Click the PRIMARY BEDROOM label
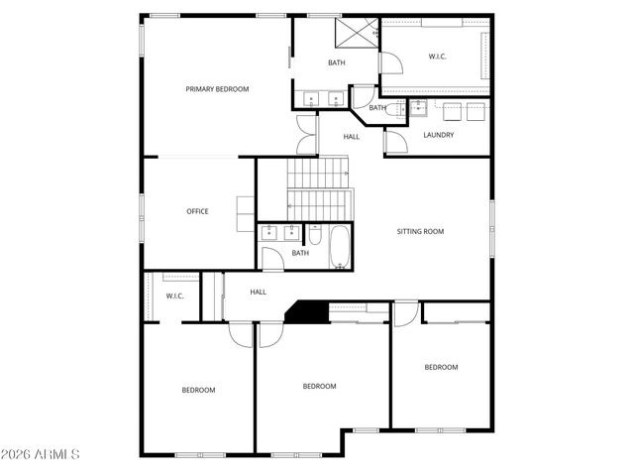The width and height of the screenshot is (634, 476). [217, 89]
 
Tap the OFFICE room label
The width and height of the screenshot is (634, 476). [198, 211]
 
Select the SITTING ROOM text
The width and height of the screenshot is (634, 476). [420, 231]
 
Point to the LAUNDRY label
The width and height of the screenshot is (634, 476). [438, 135]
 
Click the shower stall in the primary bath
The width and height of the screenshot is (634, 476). [356, 32]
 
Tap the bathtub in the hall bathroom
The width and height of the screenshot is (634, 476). [340, 247]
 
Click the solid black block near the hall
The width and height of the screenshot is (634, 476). [308, 311]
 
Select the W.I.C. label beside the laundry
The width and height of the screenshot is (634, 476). [437, 57]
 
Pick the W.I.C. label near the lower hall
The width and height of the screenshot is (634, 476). [175, 296]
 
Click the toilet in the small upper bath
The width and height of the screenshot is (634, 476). [393, 109]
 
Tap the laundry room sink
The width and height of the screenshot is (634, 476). [418, 106]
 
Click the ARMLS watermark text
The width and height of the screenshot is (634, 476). [42, 454]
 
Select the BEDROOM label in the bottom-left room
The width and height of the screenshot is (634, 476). [198, 390]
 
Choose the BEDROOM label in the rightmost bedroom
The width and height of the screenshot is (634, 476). [441, 367]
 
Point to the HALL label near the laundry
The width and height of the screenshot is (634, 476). [352, 137]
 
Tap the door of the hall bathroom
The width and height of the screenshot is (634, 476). [272, 259]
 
